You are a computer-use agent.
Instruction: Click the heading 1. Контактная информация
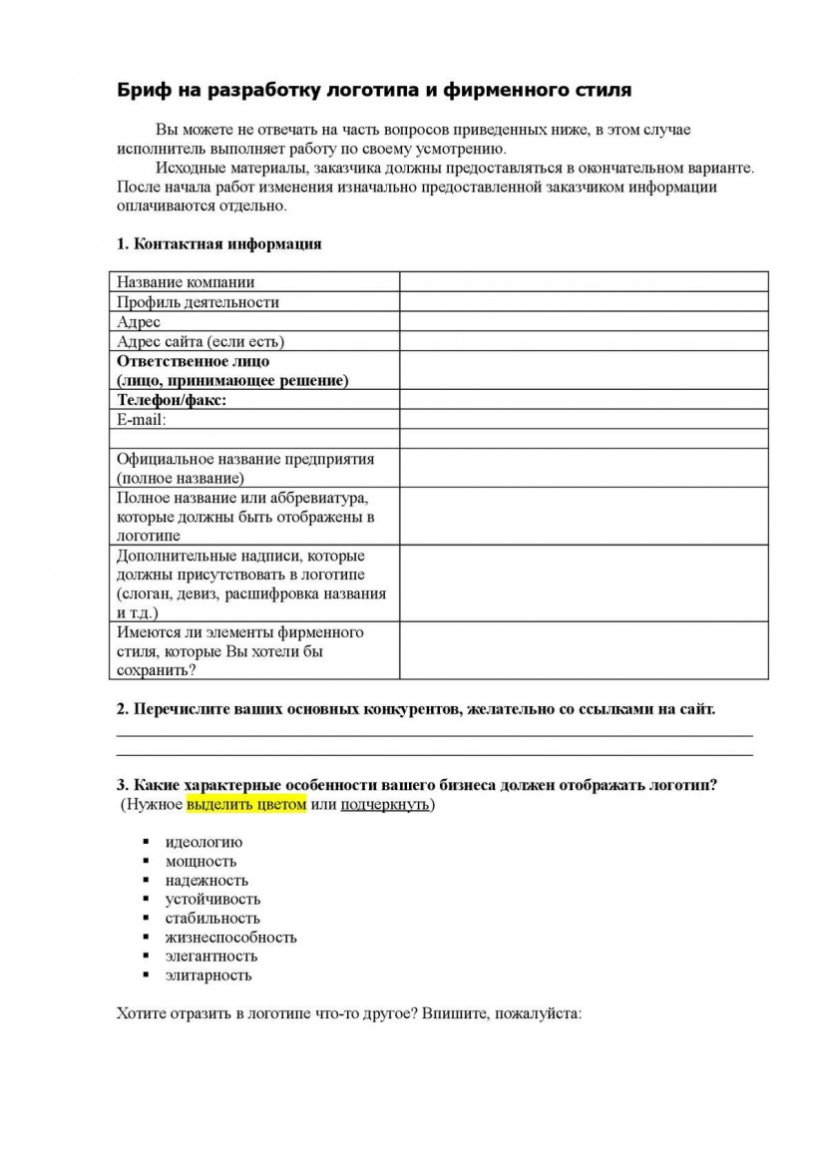click(219, 244)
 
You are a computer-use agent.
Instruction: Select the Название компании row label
click(186, 282)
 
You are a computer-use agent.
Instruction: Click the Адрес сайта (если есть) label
click(201, 341)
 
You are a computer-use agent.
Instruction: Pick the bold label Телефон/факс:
click(172, 400)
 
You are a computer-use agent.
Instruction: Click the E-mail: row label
click(142, 420)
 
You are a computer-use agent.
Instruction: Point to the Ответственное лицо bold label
click(194, 361)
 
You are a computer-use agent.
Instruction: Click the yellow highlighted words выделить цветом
click(246, 805)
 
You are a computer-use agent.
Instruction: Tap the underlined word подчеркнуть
click(385, 805)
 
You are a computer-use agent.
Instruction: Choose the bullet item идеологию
click(204, 842)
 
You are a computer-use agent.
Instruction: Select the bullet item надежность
click(206, 880)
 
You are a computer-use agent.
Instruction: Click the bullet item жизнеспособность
click(230, 937)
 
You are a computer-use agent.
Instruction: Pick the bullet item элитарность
click(208, 974)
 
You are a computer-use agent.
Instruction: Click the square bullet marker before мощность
click(146, 861)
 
